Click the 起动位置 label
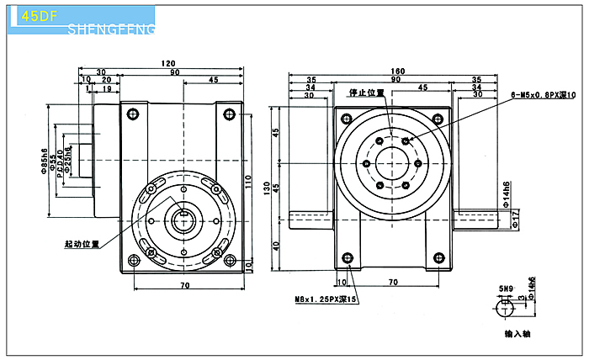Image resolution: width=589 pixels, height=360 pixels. tap(82, 245)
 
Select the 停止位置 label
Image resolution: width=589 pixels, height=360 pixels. tap(367, 92)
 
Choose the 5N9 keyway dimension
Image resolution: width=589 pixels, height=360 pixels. tap(505, 289)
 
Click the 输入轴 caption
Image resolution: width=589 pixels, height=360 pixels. tap(516, 333)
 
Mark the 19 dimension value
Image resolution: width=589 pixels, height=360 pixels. tap(106, 88)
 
